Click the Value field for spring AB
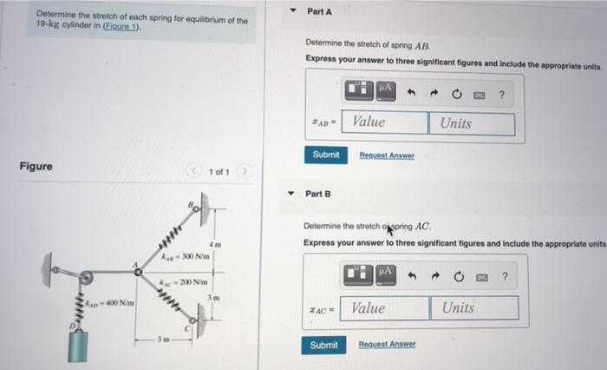coord(384,123)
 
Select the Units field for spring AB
coord(471,123)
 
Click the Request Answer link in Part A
coord(387,155)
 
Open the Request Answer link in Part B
coord(387,345)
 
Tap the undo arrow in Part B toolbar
coord(413,276)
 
